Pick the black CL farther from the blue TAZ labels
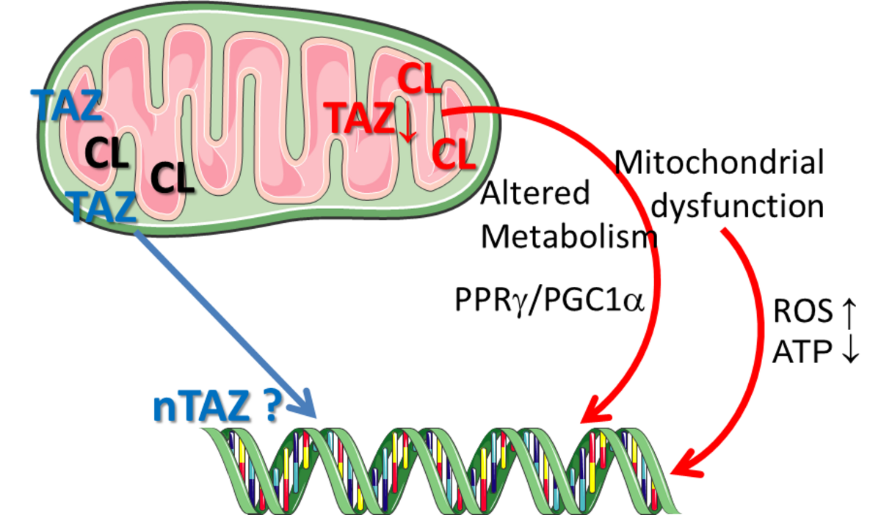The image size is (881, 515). tap(172, 178)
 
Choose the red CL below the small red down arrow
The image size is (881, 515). tap(454, 154)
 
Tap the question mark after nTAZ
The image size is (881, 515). tap(267, 406)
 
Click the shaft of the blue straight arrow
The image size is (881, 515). tap(220, 315)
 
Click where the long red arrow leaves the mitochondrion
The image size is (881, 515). tap(448, 112)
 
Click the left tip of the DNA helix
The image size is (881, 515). tap(209, 433)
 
